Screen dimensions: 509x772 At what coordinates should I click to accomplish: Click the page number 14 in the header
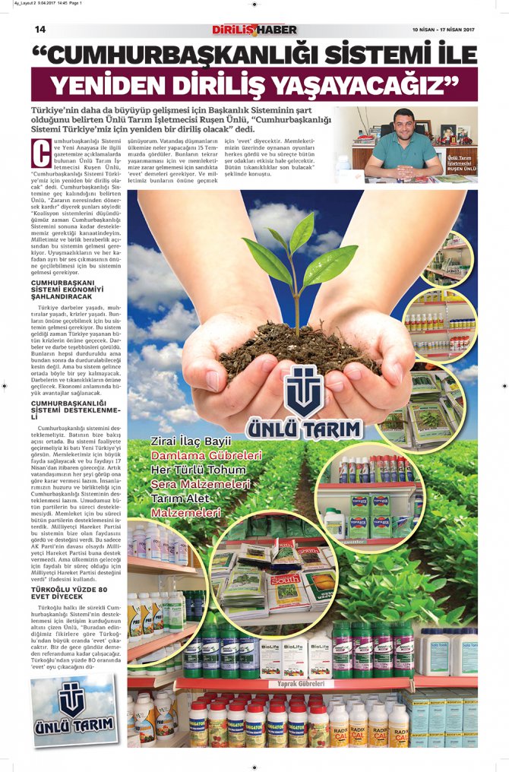[x=40, y=30]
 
